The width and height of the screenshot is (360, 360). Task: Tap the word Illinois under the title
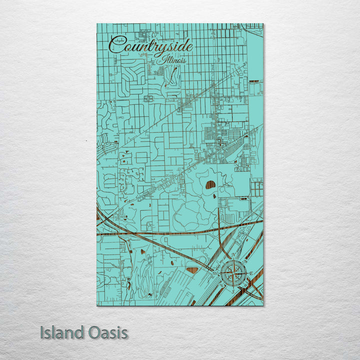pos(173,60)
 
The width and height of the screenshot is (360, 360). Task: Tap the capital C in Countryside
pos(118,45)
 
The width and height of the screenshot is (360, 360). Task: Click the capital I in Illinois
pos(163,59)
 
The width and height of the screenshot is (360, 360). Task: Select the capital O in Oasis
pos(96,332)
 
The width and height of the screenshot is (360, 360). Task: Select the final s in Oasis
pos(124,333)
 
